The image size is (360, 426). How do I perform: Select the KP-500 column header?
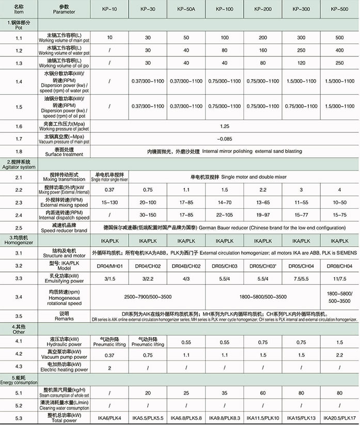340,9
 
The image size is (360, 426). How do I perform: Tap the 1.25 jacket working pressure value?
224,126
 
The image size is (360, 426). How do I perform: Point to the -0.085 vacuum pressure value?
224,139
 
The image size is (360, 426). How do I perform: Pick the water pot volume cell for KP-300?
302,51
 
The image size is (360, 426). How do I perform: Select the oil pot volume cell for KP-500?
340,63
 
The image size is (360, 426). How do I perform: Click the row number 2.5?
19,227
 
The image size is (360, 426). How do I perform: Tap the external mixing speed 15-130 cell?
109,203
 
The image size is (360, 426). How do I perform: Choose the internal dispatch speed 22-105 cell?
225,215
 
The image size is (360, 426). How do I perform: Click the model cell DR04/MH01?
109,266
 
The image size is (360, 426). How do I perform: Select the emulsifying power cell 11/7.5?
340,279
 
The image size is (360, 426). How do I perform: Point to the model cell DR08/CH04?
340,266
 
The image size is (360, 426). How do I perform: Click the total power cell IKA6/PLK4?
109,417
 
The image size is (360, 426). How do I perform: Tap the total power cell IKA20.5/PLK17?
340,417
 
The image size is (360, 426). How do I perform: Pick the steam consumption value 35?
225,392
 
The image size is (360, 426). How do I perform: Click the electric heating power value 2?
109,368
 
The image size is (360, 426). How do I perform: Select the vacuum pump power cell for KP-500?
340,355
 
